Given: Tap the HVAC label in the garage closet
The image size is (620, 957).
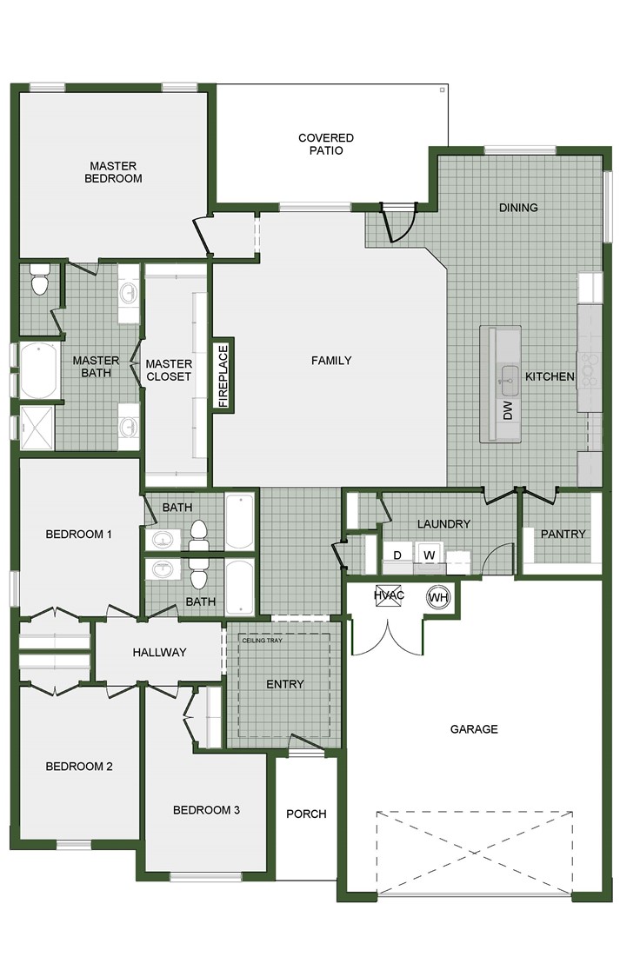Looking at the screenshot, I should pyautogui.click(x=388, y=595).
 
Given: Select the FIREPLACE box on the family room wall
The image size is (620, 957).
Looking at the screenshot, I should pyautogui.click(x=223, y=375).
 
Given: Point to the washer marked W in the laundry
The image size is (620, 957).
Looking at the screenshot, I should pyautogui.click(x=428, y=554).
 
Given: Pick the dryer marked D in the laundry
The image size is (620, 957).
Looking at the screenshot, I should pyautogui.click(x=397, y=554).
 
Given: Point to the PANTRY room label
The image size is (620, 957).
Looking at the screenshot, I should pyautogui.click(x=563, y=534).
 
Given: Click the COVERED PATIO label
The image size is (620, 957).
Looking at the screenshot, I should pyautogui.click(x=325, y=144).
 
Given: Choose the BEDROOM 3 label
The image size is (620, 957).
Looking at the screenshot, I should pyautogui.click(x=206, y=810).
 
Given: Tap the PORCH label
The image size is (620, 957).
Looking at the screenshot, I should pyautogui.click(x=306, y=814).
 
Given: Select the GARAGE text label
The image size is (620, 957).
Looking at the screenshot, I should pyautogui.click(x=474, y=729).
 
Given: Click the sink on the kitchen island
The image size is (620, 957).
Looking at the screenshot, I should pyautogui.click(x=508, y=377).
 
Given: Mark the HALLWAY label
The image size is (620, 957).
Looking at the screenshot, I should pyautogui.click(x=159, y=653).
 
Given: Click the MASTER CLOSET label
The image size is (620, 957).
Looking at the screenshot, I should pyautogui.click(x=168, y=370).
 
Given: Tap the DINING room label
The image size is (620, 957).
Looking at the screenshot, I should pyautogui.click(x=518, y=208).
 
